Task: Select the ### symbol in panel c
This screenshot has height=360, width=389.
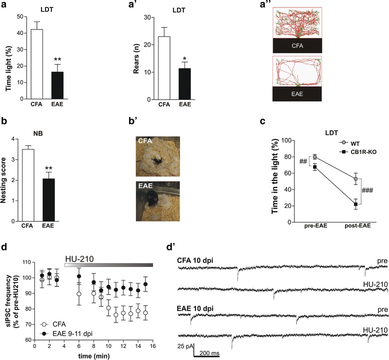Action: pos(367,190)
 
